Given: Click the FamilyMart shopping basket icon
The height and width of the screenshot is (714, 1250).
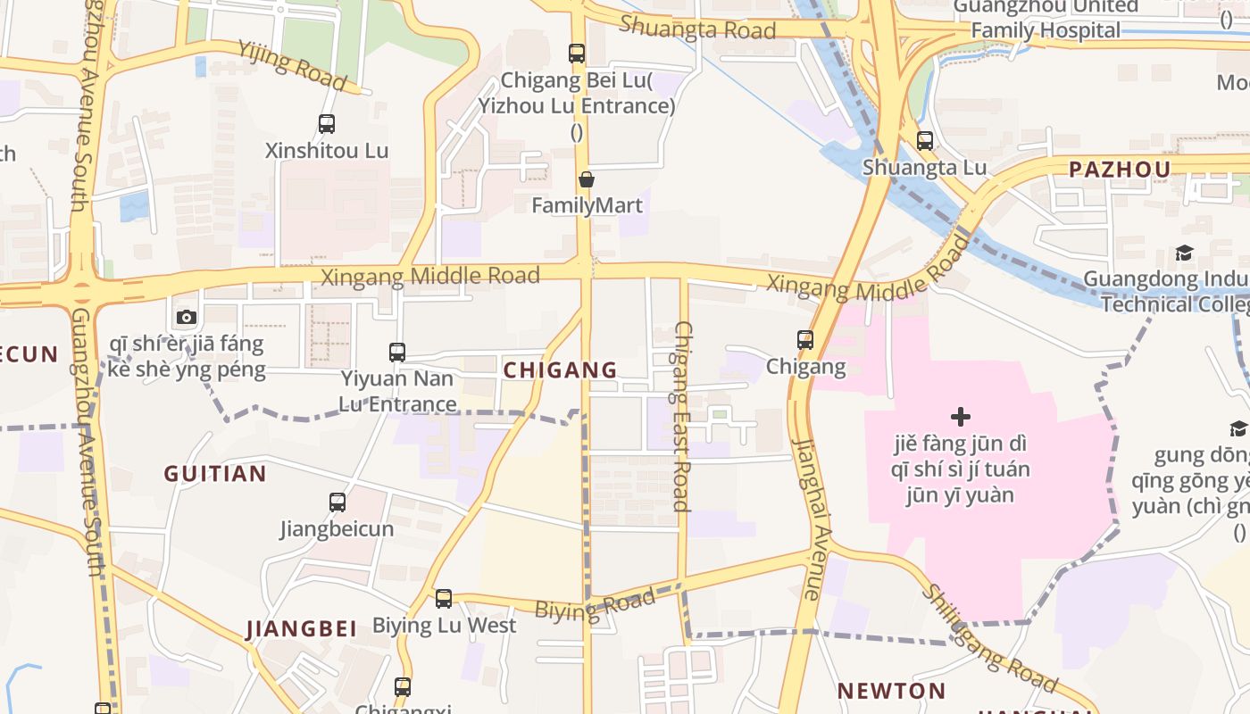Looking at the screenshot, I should coord(587,179).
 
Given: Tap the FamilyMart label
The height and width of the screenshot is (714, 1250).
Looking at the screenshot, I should coord(587,205).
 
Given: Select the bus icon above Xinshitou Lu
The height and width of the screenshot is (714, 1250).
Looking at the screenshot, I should coord(327,124).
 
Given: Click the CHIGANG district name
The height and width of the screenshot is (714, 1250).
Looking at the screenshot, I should coord(560,369).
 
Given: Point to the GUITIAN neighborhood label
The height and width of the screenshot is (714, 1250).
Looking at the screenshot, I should coord(215,474).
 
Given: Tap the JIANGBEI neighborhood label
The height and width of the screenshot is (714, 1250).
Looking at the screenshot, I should coord(302,628).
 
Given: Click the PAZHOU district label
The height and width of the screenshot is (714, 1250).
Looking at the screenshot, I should coord(1119,170).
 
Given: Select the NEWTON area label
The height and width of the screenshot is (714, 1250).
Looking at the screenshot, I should coord(891,691).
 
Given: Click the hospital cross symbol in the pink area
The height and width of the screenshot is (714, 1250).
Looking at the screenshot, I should coord(961,416).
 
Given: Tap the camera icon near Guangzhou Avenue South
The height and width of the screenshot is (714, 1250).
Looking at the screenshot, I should coord(187,317).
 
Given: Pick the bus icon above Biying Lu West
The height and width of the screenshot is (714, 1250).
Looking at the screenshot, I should coord(444,598).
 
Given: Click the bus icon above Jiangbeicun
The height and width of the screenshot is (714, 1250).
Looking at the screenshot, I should coord(337,502).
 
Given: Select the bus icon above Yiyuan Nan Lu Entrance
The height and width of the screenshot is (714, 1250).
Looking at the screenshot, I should coord(397,352).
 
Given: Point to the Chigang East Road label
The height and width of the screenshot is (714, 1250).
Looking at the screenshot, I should coord(682,416).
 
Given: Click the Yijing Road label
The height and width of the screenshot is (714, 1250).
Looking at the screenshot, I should coord(291,64).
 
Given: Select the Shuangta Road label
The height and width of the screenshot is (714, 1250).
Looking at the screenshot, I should coord(697,27).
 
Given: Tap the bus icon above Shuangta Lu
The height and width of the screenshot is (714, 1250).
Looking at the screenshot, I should coord(925,140).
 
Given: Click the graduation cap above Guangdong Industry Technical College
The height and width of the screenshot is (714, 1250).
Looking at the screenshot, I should coord(1184,253).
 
